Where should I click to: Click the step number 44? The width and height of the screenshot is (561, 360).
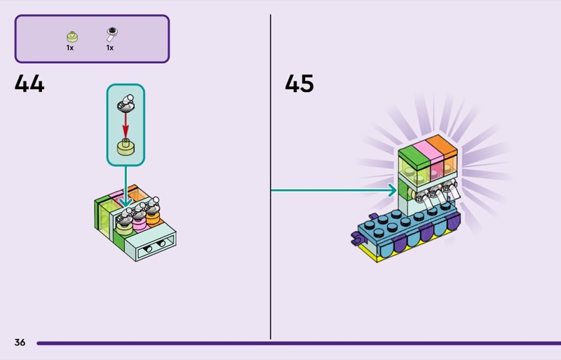coord(29,84)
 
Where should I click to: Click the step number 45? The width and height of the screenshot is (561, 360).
coord(299,84)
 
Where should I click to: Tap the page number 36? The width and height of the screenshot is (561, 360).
coord(20,342)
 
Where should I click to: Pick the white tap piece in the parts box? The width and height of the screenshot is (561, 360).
coord(110,34)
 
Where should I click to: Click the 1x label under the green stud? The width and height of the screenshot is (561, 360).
coord(70,48)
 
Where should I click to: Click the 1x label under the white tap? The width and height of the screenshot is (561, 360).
coord(110,48)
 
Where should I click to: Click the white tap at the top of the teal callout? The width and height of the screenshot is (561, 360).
coord(126,102)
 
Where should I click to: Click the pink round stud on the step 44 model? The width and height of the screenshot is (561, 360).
coord(139,222)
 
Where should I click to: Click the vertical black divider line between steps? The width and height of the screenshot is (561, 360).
coord(271,175)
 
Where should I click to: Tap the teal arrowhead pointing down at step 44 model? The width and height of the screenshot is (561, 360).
coord(126,203)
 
